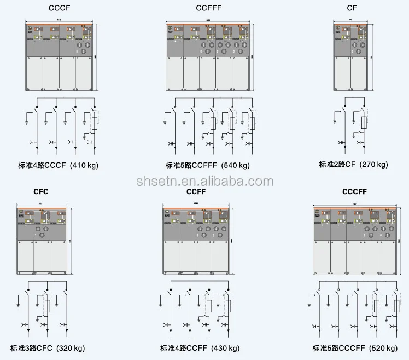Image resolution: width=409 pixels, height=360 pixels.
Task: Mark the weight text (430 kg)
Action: coord(224,348)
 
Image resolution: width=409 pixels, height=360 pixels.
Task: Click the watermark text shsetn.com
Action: coord(204,181)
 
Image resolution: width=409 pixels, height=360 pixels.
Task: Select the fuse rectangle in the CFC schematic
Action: coord(48,305)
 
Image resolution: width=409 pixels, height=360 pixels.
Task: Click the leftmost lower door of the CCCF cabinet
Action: coord(34,73)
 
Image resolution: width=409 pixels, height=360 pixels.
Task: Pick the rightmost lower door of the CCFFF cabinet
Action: coord(241,73)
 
